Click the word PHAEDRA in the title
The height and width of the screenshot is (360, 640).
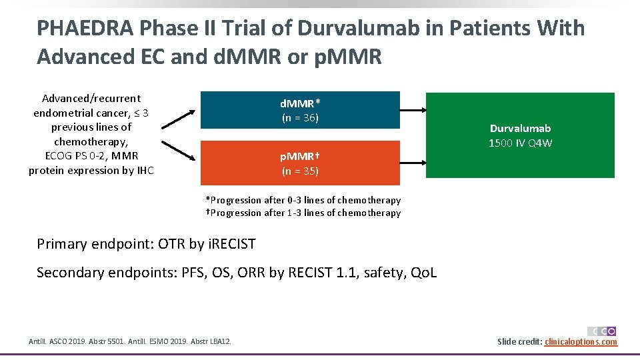coord(87,28)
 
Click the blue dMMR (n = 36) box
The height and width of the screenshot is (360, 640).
coord(300,110)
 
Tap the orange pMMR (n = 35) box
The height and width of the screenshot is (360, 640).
coord(300,163)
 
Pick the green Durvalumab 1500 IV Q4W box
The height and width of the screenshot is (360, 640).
coord(520,135)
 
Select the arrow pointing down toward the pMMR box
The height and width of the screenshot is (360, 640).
coord(178,151)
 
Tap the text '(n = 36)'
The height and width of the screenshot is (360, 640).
coord(300,118)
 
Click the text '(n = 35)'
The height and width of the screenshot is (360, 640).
coord(300,171)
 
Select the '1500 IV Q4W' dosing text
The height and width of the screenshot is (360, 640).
coord(520,143)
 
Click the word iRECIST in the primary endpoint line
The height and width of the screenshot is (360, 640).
coord(231,244)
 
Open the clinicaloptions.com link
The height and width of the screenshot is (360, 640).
coord(581,342)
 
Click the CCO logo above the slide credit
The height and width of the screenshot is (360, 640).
coord(601,331)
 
